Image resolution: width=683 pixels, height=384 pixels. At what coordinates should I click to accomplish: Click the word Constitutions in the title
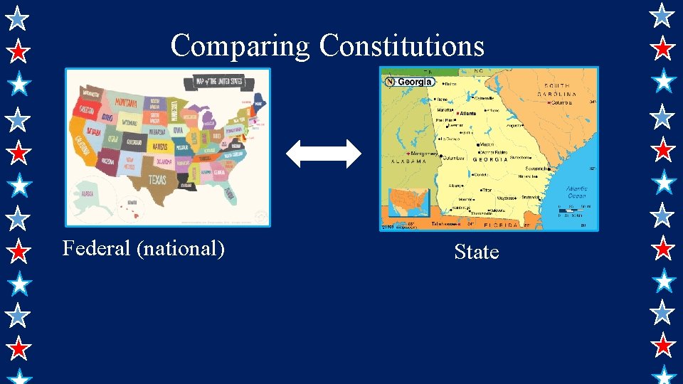click(402, 46)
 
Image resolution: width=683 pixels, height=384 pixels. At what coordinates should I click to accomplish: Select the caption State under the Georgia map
click(476, 252)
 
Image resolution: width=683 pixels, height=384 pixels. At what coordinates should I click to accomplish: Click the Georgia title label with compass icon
click(410, 82)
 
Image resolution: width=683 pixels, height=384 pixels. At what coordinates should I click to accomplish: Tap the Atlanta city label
click(467, 114)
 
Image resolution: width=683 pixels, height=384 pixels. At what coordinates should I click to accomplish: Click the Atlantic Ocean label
click(577, 193)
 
